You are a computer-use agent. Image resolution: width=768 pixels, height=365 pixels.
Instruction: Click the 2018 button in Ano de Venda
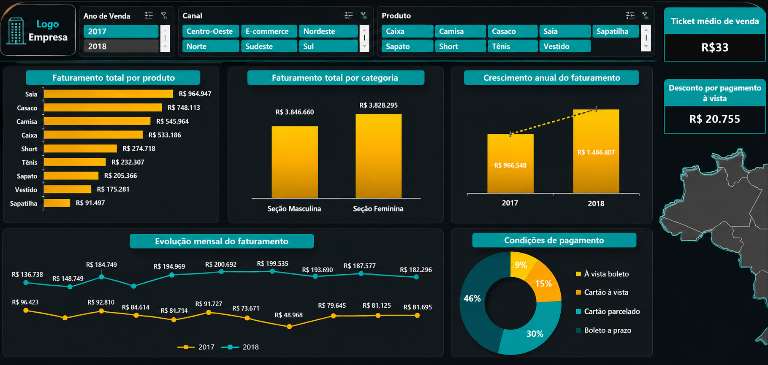click(x=121, y=46)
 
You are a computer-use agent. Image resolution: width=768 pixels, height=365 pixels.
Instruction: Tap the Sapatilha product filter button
click(x=615, y=31)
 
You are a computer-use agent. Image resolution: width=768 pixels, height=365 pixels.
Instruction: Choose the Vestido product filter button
click(x=564, y=46)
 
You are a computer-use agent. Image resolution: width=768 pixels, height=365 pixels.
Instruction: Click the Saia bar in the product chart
click(x=109, y=94)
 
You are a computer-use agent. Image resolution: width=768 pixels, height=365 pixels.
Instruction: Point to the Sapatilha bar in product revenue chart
click(x=57, y=203)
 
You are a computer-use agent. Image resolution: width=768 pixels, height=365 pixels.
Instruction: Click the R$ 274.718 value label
click(x=139, y=149)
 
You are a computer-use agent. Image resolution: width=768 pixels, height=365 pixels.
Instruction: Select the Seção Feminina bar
click(x=378, y=156)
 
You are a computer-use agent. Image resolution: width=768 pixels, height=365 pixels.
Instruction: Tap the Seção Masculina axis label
click(x=294, y=208)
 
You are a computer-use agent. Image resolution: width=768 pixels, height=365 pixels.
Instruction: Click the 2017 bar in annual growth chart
click(x=510, y=164)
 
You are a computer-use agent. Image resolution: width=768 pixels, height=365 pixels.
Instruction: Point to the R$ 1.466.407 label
click(x=596, y=152)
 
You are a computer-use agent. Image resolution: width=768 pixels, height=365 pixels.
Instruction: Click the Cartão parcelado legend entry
click(x=608, y=311)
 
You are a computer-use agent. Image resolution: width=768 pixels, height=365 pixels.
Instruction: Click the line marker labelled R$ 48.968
click(x=289, y=327)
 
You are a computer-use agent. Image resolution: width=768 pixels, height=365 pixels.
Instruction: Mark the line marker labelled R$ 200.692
click(x=221, y=272)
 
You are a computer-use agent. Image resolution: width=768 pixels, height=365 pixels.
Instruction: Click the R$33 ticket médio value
click(x=715, y=47)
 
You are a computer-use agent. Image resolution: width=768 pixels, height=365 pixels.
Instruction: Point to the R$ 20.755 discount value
click(x=715, y=119)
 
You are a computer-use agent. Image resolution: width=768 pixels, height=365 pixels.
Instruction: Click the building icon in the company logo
click(x=16, y=31)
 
